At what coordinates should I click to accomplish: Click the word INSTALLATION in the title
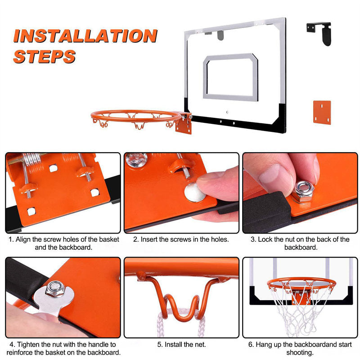(85, 36)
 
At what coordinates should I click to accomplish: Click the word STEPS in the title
(44, 57)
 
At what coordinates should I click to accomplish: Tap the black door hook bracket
(319, 33)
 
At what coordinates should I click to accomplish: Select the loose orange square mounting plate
(322, 112)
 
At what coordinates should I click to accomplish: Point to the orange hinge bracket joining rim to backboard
(184, 123)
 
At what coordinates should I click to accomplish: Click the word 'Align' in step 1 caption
(23, 239)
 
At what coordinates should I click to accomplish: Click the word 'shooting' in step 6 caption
(299, 352)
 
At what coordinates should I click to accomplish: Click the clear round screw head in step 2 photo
(136, 159)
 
